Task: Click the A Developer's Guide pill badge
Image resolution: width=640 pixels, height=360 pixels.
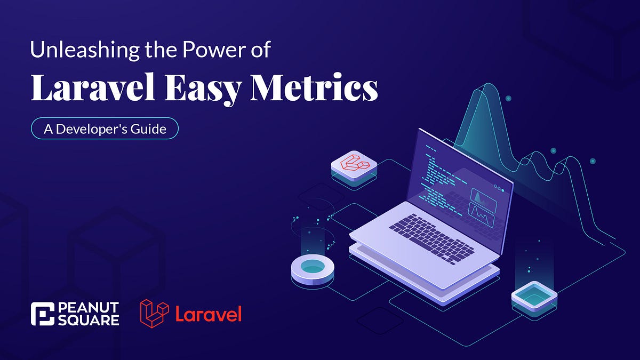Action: point(103,129)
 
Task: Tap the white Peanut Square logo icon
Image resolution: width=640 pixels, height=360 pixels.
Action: point(43,314)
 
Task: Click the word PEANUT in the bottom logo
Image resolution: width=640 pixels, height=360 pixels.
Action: point(87,308)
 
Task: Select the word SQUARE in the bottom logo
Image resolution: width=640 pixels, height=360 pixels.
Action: point(87,320)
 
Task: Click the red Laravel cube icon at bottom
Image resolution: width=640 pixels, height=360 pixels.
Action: point(154,314)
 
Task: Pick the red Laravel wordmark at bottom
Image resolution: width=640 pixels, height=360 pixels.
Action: point(208,314)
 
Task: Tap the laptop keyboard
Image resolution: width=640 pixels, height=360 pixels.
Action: point(431,235)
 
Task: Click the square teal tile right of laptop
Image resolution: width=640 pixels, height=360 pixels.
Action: point(534,296)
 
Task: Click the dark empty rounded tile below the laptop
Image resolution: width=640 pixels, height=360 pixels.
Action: point(379,319)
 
